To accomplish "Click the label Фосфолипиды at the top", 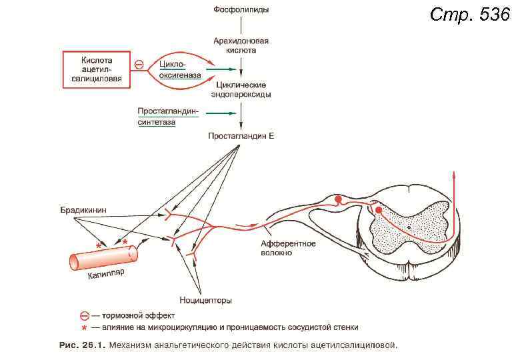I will tap(241, 10).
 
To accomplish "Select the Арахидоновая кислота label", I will tap(241, 45).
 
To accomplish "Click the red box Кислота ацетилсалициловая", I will tap(97, 69).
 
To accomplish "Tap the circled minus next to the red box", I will tap(139, 65).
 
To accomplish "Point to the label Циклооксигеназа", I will tap(180, 69).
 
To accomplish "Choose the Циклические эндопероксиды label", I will tap(241, 89).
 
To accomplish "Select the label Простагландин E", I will tap(241, 136).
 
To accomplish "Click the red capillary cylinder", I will tap(103, 257).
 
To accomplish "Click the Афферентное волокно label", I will tap(288, 248).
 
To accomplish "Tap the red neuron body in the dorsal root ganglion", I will tap(339, 199).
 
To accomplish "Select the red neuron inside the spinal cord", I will tap(379, 211).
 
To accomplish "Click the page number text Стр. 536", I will tap(470, 14).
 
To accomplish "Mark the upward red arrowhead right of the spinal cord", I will tap(455, 175).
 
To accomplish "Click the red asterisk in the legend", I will tap(84, 328).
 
